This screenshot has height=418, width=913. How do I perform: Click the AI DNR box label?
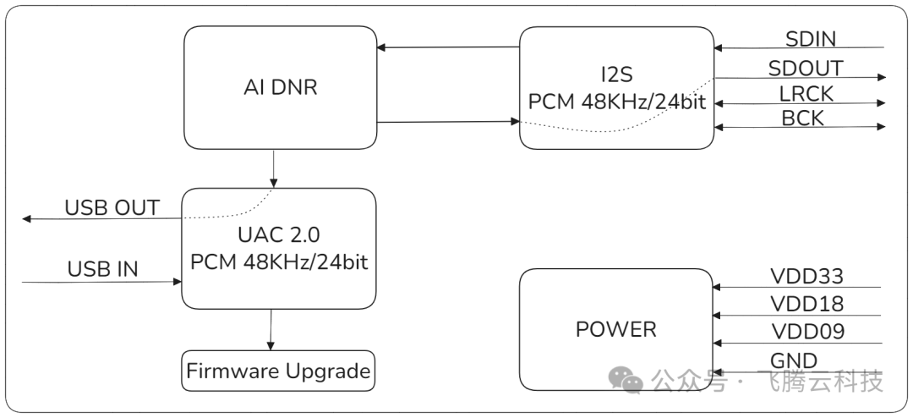[x=280, y=86]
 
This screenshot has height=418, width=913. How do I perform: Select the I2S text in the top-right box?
[x=616, y=74]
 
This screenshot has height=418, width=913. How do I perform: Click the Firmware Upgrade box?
[x=278, y=371]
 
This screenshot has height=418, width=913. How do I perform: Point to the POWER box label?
[x=615, y=329]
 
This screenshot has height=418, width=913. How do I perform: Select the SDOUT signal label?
[x=805, y=68]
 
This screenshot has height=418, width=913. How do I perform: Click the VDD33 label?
[x=806, y=277]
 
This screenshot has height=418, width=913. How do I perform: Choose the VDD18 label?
[x=806, y=305]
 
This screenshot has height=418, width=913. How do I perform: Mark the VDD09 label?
[x=806, y=332]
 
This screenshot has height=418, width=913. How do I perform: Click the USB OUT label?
[x=112, y=208]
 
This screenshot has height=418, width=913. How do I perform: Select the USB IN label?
[x=102, y=270]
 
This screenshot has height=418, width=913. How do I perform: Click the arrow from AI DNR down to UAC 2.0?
[x=273, y=168]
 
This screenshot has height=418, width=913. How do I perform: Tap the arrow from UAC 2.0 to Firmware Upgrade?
[x=271, y=328]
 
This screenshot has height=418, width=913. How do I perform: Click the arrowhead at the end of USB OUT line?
[x=27, y=219]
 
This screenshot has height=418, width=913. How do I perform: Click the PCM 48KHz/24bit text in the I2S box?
[x=616, y=102]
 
